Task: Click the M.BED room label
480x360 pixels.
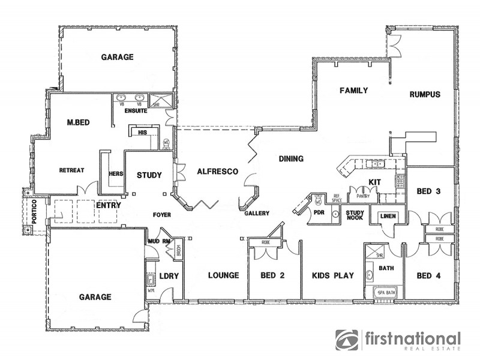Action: tap(79, 123)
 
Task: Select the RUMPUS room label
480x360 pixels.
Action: tap(425, 94)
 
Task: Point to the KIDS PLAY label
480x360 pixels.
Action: tap(333, 276)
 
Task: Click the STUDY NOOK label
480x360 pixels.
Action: tap(355, 214)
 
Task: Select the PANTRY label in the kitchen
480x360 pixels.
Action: tap(362, 196)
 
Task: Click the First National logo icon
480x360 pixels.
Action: tap(346, 340)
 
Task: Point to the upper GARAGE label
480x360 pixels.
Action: tap(117, 57)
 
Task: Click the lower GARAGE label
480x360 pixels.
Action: tap(95, 297)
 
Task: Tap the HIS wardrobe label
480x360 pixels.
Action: tap(143, 132)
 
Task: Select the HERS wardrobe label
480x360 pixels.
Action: tap(116, 174)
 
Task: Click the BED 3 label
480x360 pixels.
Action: tap(428, 191)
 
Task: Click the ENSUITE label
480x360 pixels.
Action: tap(132, 111)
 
